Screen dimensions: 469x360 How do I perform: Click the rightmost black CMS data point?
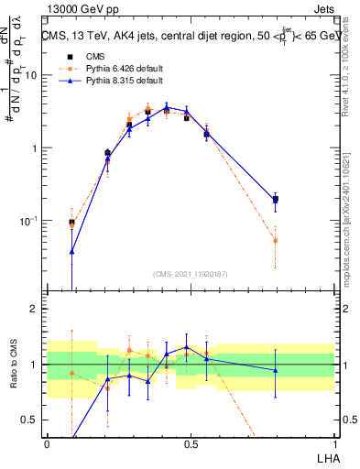(x=275, y=199)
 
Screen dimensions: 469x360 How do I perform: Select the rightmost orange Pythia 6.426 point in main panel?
(x=275, y=241)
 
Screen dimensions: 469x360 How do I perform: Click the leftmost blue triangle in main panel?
(x=72, y=251)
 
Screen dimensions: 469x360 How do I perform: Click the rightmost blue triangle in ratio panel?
(x=275, y=370)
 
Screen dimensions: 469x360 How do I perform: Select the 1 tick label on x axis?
(x=333, y=442)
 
